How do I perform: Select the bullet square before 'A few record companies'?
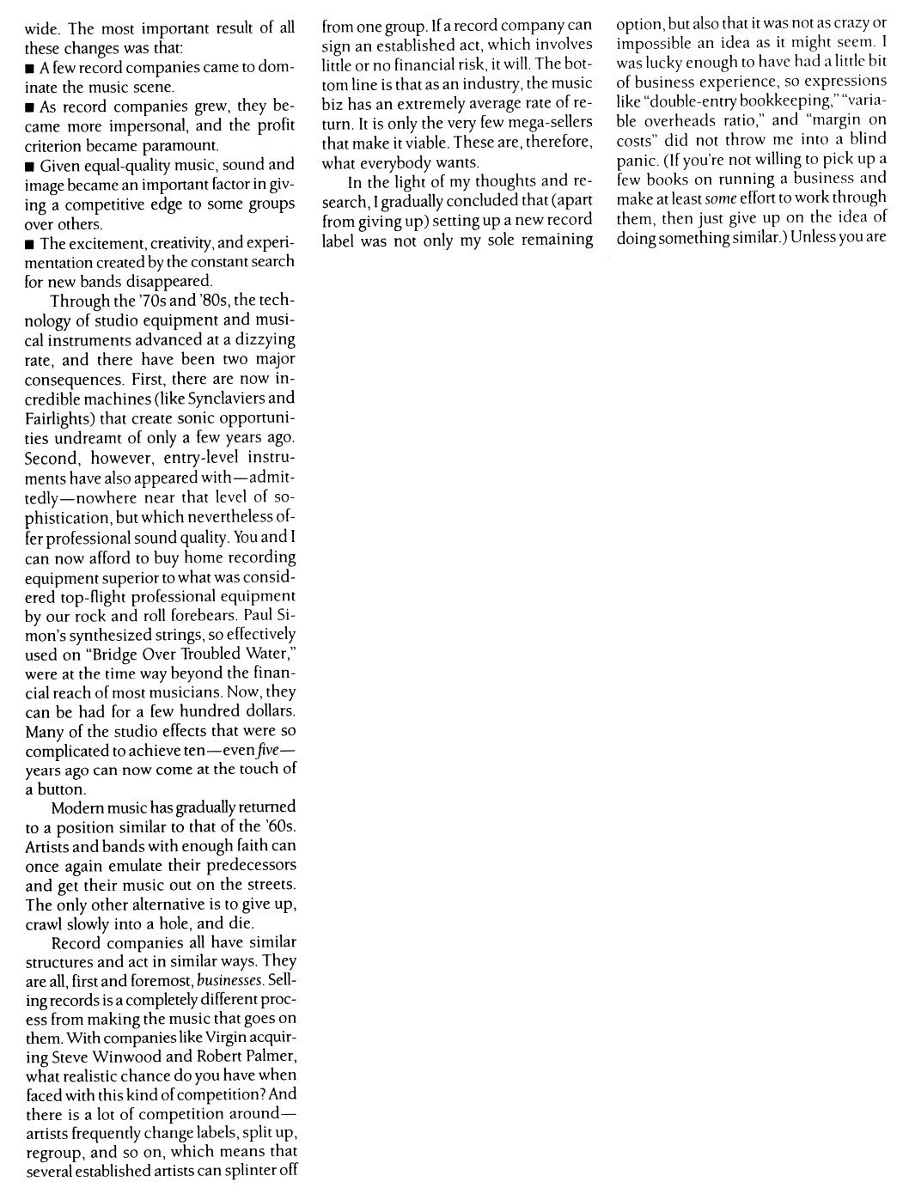coord(29,69)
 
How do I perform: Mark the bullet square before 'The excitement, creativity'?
coord(29,244)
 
